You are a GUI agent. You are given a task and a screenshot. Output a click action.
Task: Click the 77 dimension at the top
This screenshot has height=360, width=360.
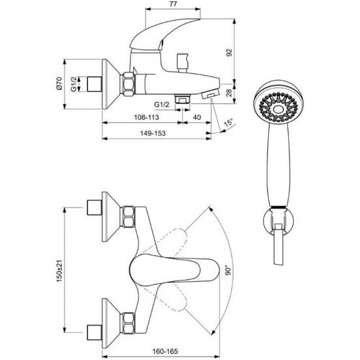(173, 4)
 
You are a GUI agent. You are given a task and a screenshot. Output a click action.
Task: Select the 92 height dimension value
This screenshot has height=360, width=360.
(229, 52)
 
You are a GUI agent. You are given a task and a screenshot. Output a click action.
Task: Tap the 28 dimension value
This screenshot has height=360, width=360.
(229, 93)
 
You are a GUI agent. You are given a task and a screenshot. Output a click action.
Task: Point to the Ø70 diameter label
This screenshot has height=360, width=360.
(59, 83)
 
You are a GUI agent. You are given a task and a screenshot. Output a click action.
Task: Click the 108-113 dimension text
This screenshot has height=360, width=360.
(147, 117)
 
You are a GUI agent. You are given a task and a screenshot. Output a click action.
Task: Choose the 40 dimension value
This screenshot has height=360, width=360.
(197, 117)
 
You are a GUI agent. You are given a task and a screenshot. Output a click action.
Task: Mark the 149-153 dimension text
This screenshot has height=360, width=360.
(153, 133)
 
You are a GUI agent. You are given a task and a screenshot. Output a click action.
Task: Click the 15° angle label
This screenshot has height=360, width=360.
(228, 123)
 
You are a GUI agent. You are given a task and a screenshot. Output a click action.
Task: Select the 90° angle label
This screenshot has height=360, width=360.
(228, 270)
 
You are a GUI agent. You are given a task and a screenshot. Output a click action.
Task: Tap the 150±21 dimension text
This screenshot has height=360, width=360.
(59, 271)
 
